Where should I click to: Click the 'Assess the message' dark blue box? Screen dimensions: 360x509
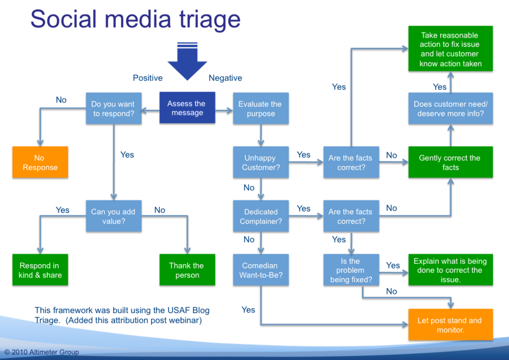[187, 108]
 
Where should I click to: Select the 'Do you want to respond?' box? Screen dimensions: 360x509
[114, 108]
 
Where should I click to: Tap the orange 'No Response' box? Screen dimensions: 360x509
[40, 162]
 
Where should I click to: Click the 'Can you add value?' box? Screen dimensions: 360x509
[114, 216]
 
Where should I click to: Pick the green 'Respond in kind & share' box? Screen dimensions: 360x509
[40, 270]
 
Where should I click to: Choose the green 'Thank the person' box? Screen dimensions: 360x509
[187, 270]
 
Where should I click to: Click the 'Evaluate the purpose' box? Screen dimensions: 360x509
[261, 108]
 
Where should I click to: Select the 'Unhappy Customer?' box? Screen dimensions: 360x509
[261, 162]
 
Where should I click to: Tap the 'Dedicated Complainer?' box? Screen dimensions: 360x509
[261, 216]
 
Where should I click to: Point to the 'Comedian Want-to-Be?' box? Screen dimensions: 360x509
[261, 270]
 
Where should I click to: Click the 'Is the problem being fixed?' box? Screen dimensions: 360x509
[351, 270]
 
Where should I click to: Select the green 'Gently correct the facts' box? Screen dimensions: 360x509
[450, 162]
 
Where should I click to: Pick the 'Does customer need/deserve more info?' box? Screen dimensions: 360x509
[450, 108]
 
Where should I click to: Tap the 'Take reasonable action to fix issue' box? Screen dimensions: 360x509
[450, 49]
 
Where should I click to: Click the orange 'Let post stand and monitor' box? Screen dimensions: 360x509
[450, 325]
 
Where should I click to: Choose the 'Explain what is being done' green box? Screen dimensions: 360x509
[450, 270]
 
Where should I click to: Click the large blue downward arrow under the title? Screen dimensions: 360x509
[187, 62]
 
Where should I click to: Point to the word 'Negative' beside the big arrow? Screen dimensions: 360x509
[225, 78]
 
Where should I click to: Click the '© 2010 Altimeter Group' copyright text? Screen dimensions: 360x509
[42, 352]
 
